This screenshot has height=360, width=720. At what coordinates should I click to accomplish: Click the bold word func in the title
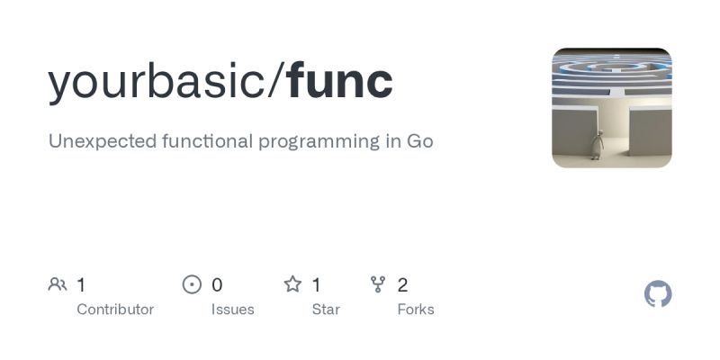340,82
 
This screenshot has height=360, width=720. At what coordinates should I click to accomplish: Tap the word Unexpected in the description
102,141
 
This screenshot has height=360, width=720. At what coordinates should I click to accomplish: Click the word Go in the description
420,141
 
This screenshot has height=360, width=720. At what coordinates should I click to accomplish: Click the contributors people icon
58,285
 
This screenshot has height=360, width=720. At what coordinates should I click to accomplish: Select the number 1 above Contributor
81,285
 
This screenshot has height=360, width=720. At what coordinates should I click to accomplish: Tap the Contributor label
115,310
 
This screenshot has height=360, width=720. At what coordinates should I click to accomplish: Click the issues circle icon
192,285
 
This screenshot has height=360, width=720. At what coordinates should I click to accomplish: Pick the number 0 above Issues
217,285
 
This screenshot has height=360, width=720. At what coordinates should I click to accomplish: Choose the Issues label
233,310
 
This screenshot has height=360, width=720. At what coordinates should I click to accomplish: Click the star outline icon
292,285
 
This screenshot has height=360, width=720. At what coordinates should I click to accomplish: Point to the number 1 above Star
316,285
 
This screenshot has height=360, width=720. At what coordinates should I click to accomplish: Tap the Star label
326,310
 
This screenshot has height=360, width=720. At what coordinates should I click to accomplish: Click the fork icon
378,285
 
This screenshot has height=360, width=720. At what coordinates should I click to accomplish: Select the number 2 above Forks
402,285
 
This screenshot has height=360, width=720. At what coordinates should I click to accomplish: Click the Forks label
416,310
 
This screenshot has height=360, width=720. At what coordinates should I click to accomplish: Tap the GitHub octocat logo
658,294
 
